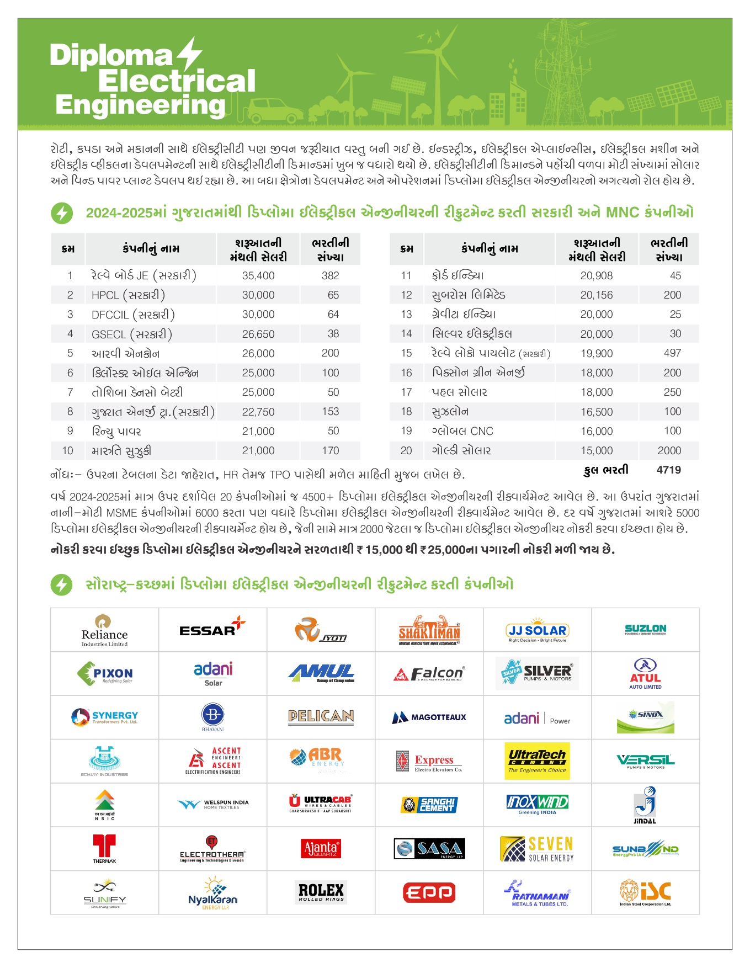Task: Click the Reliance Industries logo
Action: (x=104, y=630)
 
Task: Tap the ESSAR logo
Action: (x=212, y=629)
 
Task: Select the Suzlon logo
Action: (x=645, y=629)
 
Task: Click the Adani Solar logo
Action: (x=213, y=673)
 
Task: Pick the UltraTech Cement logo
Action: (x=537, y=760)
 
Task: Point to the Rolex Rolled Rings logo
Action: (x=321, y=892)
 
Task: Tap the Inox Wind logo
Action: (x=537, y=804)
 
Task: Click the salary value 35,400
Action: (x=258, y=275)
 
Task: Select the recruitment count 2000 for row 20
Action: (x=669, y=450)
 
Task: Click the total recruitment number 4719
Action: (x=668, y=470)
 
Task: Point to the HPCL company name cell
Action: (x=128, y=295)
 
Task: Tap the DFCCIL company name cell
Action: (x=133, y=315)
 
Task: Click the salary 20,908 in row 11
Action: (x=596, y=275)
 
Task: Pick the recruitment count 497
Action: (x=672, y=353)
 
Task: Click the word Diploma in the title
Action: (x=111, y=55)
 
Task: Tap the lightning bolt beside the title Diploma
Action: (x=190, y=54)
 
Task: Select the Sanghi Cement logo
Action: (x=429, y=805)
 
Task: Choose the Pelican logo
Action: (x=321, y=716)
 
